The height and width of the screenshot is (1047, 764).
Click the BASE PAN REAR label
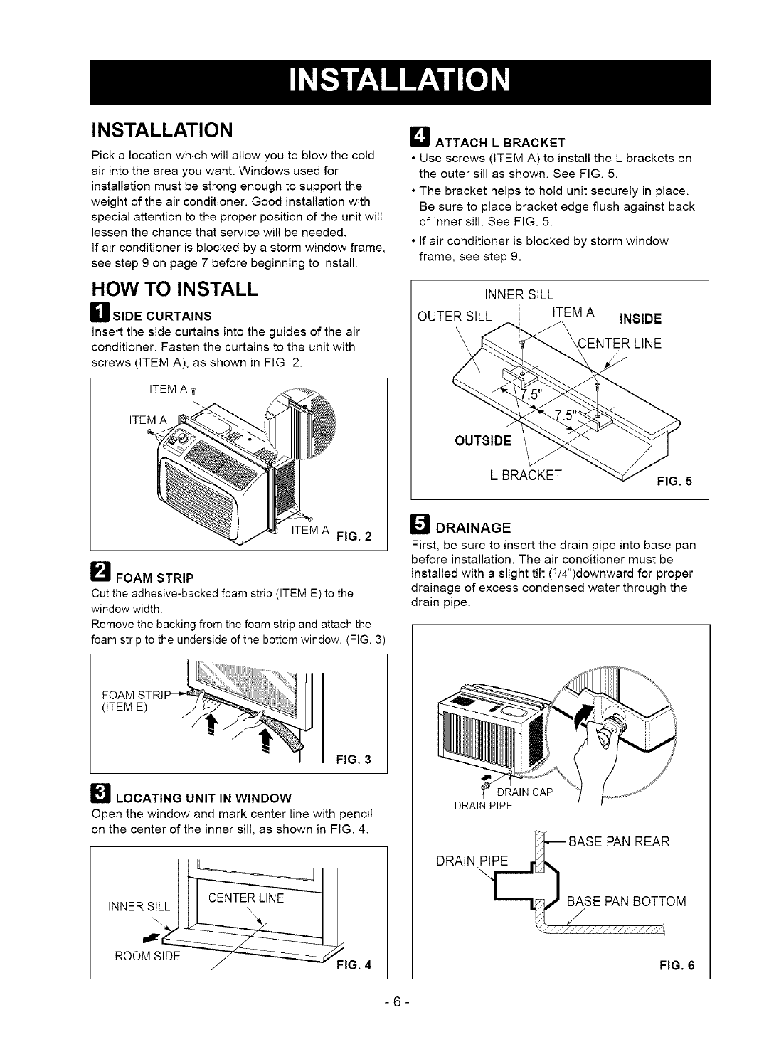pos(618,843)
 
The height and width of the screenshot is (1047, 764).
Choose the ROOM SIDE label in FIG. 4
pos(142,935)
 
